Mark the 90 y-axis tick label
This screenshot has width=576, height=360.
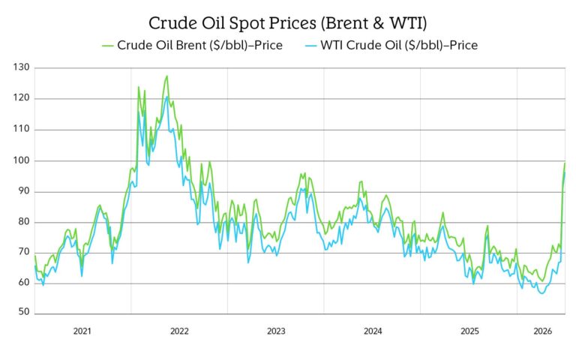click(x=22, y=191)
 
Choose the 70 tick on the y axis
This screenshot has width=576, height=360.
click(x=22, y=253)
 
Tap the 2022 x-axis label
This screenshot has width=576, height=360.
click(x=179, y=331)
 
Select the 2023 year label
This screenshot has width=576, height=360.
click(x=276, y=331)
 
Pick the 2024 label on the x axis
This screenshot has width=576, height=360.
click(x=373, y=331)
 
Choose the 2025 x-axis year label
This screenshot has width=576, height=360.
click(x=469, y=331)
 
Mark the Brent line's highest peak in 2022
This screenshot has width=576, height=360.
click(x=166, y=76)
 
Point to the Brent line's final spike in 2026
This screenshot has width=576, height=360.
click(x=564, y=163)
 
